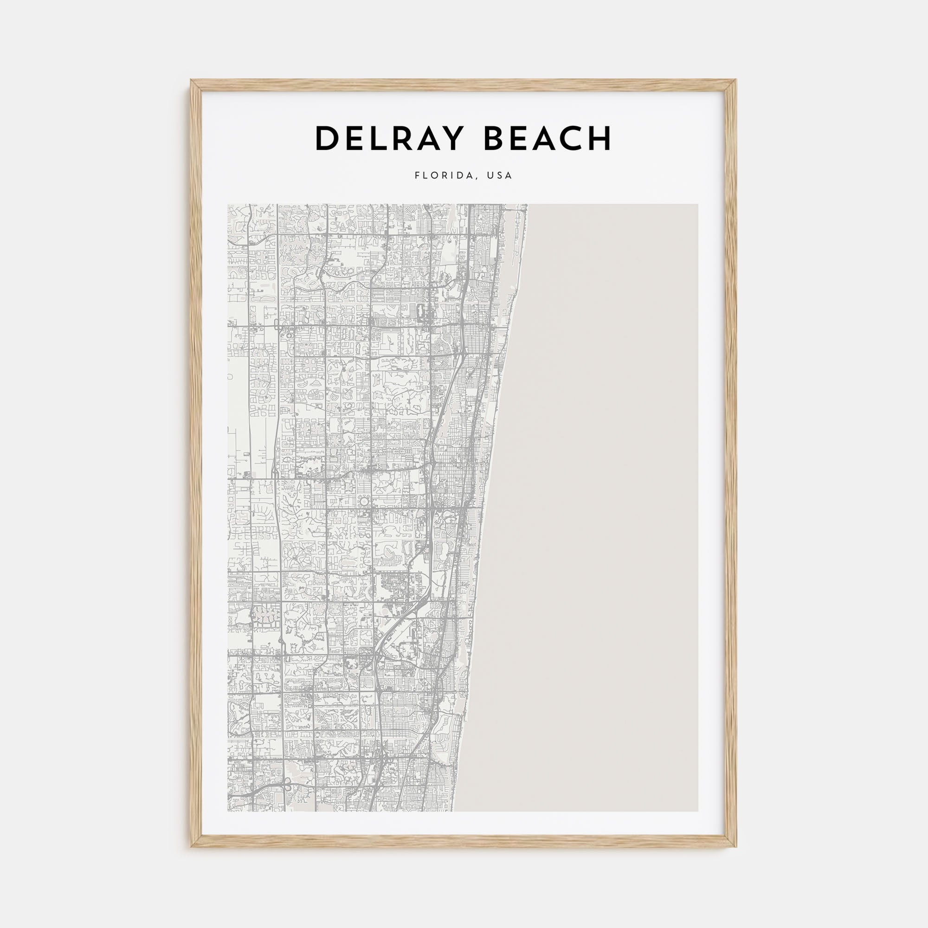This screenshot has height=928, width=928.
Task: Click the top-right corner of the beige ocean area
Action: click(x=697, y=205)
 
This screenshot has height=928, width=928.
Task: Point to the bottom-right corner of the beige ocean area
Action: click(x=697, y=811)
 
